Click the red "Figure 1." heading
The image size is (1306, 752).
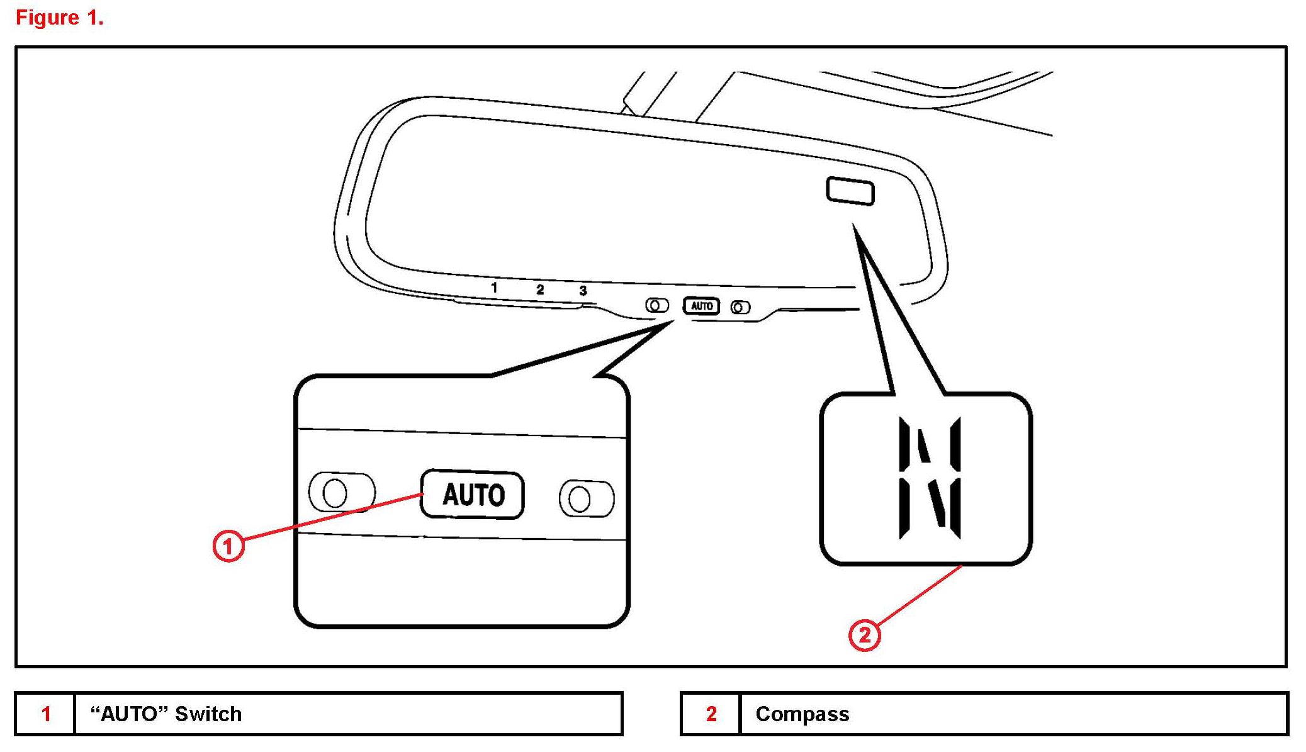click(x=59, y=18)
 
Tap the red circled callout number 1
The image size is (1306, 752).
click(x=228, y=546)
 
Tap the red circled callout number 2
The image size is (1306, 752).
click(x=865, y=634)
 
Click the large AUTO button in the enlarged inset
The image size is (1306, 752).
click(x=473, y=495)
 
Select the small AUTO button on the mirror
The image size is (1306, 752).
click(x=702, y=306)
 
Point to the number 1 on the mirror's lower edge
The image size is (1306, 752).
click(x=494, y=288)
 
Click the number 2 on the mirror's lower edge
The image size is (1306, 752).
click(x=540, y=289)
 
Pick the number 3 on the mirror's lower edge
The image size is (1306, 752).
click(x=583, y=291)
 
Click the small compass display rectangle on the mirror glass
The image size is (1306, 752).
click(x=850, y=191)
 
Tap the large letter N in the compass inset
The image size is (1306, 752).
click(x=930, y=477)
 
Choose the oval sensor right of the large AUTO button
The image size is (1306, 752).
click(x=587, y=499)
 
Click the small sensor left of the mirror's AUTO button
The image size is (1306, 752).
click(x=656, y=306)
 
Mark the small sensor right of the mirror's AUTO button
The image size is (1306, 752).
click(x=740, y=307)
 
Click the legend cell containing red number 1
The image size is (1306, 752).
click(x=45, y=714)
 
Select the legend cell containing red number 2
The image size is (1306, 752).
click(x=711, y=714)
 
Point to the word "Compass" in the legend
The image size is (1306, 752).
click(x=802, y=714)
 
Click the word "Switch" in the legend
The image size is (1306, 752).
click(x=208, y=714)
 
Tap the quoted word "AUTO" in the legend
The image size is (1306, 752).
click(x=129, y=714)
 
